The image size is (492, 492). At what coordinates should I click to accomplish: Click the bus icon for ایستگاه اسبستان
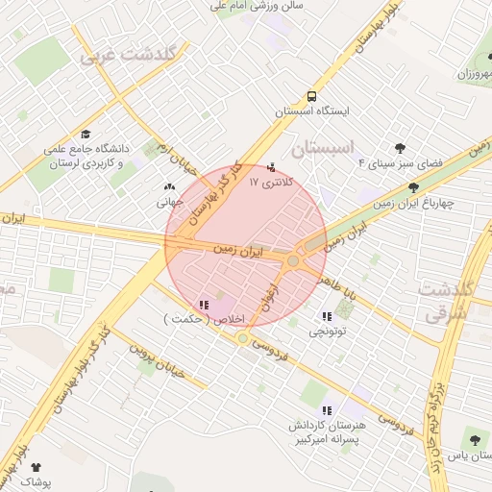pyautogui.click(x=311, y=96)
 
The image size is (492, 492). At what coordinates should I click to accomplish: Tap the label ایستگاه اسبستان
pyautogui.click(x=312, y=111)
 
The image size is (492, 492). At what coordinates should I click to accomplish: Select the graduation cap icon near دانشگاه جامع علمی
pyautogui.click(x=86, y=135)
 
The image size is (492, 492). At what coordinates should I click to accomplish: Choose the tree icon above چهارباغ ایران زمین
pyautogui.click(x=413, y=187)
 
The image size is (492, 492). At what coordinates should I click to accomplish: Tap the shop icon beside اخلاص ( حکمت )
pyautogui.click(x=204, y=305)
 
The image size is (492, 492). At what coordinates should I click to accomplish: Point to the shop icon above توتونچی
pyautogui.click(x=327, y=316)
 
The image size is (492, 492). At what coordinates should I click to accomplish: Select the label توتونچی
pyautogui.click(x=329, y=331)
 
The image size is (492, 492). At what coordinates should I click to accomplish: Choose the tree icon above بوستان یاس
pyautogui.click(x=474, y=436)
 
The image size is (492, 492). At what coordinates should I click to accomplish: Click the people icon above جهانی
pyautogui.click(x=170, y=188)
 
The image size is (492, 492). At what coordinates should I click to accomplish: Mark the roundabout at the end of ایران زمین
pyautogui.click(x=293, y=259)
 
